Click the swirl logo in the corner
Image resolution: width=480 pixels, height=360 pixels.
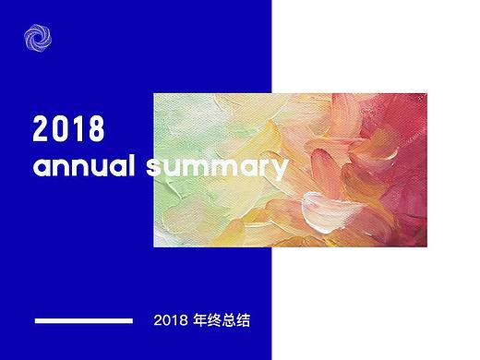39,39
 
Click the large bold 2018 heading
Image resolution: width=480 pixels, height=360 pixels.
69,129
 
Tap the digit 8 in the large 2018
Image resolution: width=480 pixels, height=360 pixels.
94,129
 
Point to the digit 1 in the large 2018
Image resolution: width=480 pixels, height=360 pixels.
77,129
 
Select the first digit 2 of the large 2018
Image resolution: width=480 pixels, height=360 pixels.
42,129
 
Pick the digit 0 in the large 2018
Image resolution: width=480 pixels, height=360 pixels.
60,129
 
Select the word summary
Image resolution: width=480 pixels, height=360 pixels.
217,169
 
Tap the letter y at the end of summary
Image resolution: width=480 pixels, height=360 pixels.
278,172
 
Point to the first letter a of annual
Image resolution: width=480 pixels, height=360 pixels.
41,170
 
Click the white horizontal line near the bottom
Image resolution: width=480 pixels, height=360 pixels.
83,321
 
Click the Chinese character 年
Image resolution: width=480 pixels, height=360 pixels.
200,321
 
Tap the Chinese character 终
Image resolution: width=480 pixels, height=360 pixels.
216,321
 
